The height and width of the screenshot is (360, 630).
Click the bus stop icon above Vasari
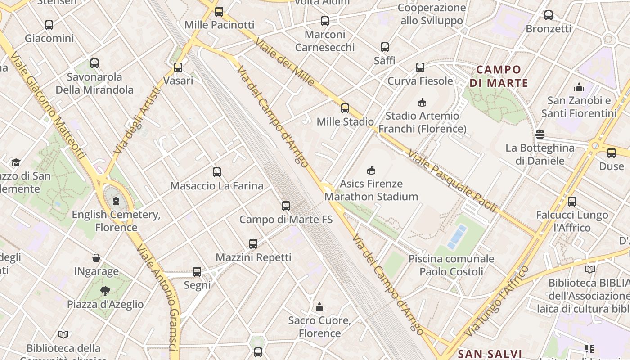click(178, 67)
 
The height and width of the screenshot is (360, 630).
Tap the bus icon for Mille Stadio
click(345, 108)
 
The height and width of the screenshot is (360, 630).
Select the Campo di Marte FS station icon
click(286, 206)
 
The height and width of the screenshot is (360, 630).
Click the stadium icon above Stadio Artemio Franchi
click(422, 103)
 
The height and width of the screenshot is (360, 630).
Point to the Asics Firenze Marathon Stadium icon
click(371, 171)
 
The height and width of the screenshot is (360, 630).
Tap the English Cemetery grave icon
click(116, 201)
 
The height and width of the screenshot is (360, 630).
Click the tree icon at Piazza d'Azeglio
click(105, 291)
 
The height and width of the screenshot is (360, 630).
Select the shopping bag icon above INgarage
click(96, 258)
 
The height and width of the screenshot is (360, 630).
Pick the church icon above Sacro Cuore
click(319, 307)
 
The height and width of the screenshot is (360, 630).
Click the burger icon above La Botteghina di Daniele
click(540, 135)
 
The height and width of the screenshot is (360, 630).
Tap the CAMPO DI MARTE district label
click(499, 76)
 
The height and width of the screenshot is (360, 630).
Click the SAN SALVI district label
click(490, 354)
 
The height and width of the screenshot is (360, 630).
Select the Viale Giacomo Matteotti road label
click(47, 106)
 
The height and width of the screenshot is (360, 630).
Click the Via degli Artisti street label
click(137, 121)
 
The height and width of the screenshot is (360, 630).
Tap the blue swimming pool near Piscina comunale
click(457, 237)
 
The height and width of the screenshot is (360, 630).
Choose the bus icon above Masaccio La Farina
click(217, 172)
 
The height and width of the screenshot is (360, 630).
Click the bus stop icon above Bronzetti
click(549, 15)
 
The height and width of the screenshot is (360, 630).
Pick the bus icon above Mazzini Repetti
click(253, 244)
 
